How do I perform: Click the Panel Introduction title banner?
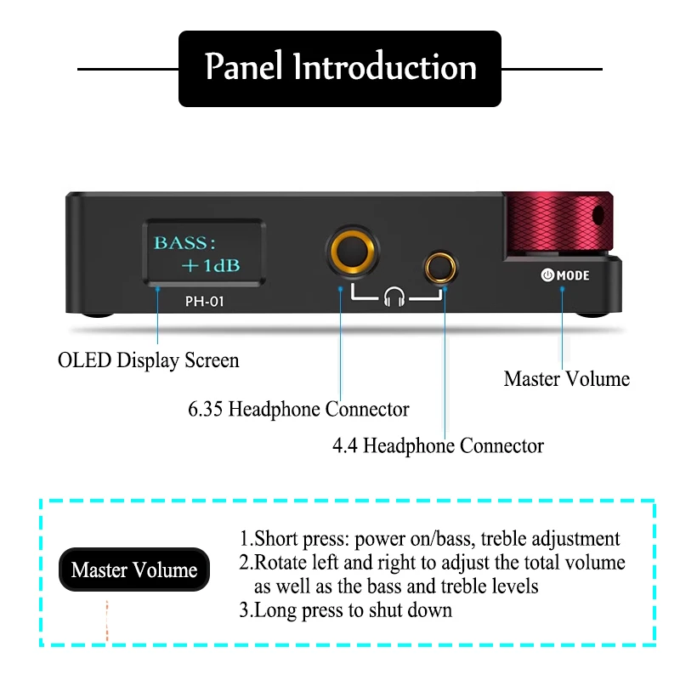click(340, 68)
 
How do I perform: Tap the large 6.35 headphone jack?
click(351, 252)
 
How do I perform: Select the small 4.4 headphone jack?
click(441, 266)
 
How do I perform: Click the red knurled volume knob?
click(557, 224)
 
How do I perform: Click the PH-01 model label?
click(204, 300)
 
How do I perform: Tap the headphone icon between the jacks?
click(394, 297)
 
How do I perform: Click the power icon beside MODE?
click(547, 275)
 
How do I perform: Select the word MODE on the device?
click(574, 275)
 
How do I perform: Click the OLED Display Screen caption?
click(149, 360)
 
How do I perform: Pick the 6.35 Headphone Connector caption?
click(298, 410)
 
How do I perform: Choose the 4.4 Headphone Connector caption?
click(438, 445)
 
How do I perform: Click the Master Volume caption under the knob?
click(567, 379)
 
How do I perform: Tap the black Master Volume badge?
click(134, 570)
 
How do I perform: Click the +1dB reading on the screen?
click(210, 265)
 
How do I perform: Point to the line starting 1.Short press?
click(429, 538)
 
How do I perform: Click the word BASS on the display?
click(180, 242)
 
